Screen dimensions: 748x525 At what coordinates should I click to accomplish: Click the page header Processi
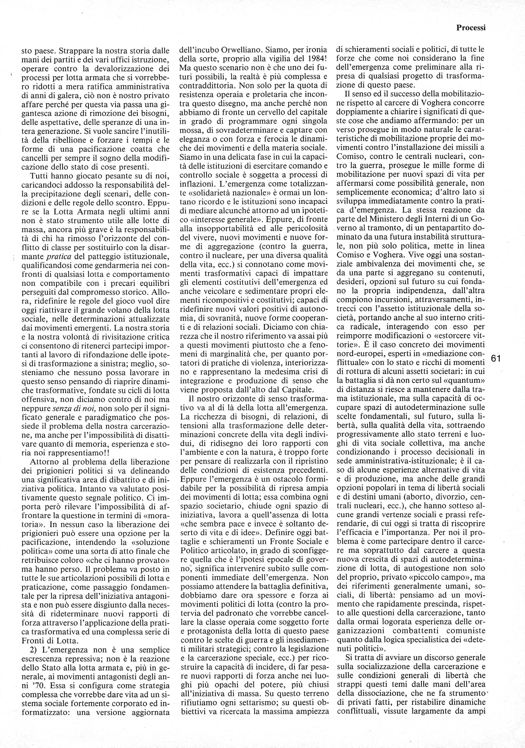(471, 28)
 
